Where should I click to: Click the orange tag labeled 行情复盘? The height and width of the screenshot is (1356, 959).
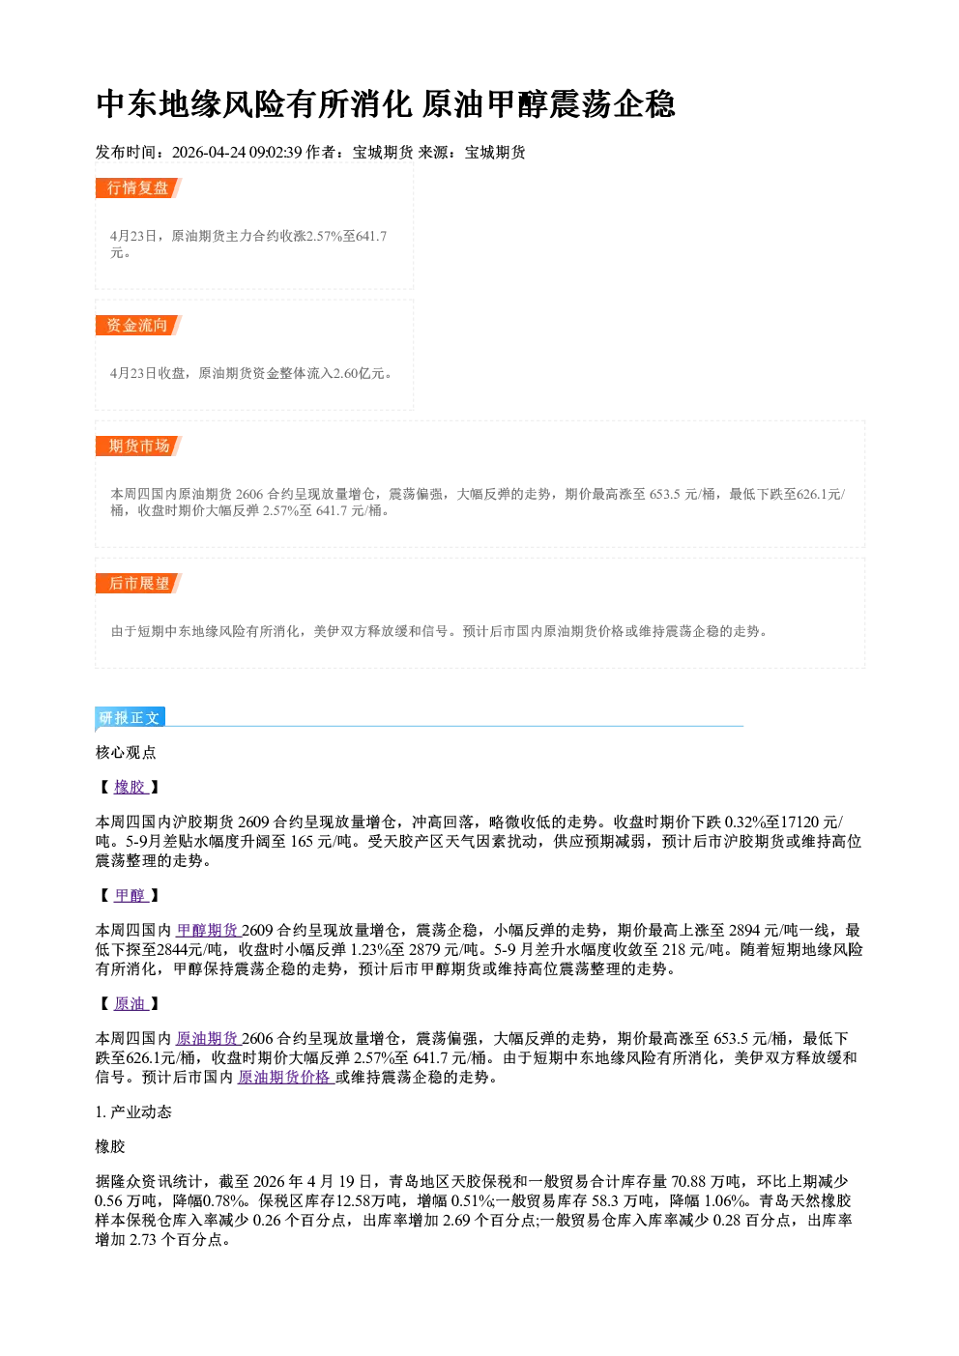coord(138,188)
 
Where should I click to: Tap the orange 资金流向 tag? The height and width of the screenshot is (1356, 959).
coord(138,325)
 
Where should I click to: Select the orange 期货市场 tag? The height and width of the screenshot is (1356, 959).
coord(138,447)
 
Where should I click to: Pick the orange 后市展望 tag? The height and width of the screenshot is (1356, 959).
coord(138,584)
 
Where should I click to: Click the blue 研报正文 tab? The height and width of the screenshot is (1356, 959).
coord(130,718)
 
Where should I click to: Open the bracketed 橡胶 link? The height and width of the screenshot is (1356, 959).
coord(131,787)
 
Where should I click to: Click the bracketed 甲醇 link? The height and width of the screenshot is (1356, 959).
coord(131,895)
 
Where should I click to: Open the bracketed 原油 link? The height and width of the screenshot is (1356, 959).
coord(131,1003)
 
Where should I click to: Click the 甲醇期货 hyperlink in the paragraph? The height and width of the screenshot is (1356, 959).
coord(208,930)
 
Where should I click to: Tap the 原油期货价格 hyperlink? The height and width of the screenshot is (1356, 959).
coord(285,1077)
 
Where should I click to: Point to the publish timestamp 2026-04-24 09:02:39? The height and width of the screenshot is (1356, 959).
coord(237,153)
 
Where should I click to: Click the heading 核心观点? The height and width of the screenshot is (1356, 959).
coord(126,753)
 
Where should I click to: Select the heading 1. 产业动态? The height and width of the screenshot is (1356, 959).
coord(133,1112)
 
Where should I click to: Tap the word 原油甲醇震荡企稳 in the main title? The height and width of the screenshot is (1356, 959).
coord(548,104)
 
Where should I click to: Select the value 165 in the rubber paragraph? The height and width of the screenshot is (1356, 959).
coord(302,842)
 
